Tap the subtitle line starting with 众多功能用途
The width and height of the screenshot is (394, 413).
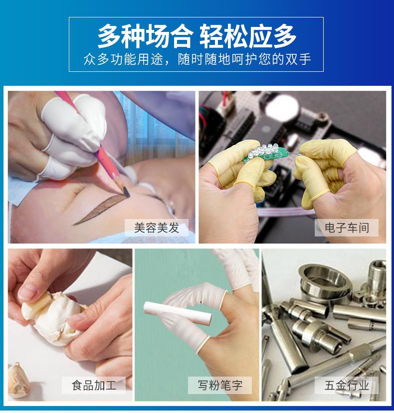(197, 59)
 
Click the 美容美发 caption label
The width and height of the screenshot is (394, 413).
(157, 228)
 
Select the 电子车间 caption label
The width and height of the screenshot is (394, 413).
(346, 228)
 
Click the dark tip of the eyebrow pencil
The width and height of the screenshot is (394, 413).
(125, 189)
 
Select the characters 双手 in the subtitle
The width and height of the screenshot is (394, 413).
(298, 59)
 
